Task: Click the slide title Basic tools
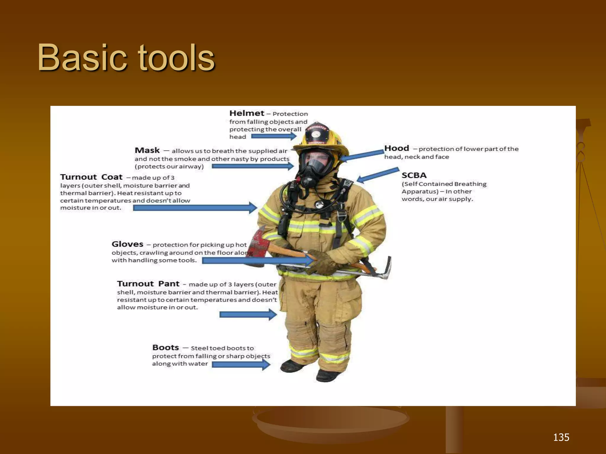[126, 58]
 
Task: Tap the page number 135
[561, 437]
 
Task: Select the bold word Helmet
[247, 113]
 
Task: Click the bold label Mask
[147, 150]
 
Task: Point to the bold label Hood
[397, 148]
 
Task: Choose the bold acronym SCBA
[414, 175]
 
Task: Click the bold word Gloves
[127, 244]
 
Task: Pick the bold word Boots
[165, 347]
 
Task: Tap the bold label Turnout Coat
[91, 177]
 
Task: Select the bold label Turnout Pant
[148, 284]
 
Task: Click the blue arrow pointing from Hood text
[362, 156]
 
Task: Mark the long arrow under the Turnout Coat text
[195, 208]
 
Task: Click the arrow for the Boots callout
[241, 364]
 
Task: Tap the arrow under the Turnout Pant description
[248, 314]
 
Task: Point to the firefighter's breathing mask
[314, 168]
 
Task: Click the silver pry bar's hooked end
[387, 269]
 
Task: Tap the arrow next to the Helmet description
[274, 136]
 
